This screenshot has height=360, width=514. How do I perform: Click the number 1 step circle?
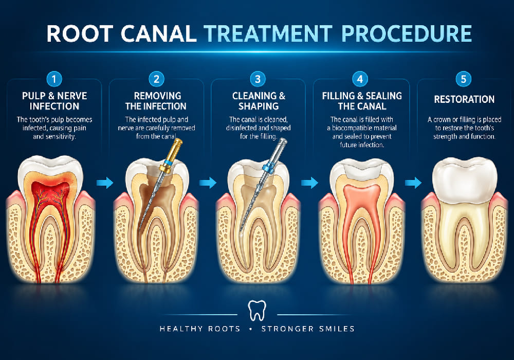point(54,79)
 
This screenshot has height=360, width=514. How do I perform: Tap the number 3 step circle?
point(258,79)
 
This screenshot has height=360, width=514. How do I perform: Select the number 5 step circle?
point(464,79)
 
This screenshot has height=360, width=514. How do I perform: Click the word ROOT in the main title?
point(80,33)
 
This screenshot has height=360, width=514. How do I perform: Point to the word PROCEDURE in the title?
point(407,33)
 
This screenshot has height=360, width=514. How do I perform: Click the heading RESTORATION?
point(464,99)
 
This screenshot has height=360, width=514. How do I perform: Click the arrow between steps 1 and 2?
point(105,182)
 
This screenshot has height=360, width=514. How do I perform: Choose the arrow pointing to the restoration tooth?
point(413,182)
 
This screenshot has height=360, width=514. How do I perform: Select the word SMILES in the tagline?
point(337,329)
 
